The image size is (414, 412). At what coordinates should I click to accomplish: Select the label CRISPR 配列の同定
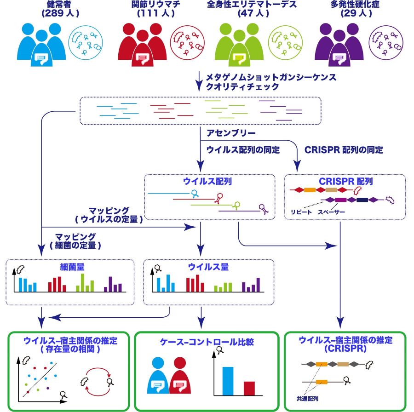pos(344,150)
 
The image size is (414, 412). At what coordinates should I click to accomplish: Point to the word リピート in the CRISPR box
pos(301,212)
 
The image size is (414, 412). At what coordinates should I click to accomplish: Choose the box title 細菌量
pos(69,266)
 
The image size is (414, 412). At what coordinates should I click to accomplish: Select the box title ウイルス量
pos(208,266)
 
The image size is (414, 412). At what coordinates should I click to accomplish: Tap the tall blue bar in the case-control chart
pos(227,381)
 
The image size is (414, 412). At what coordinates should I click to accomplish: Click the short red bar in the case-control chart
pos(249,389)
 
